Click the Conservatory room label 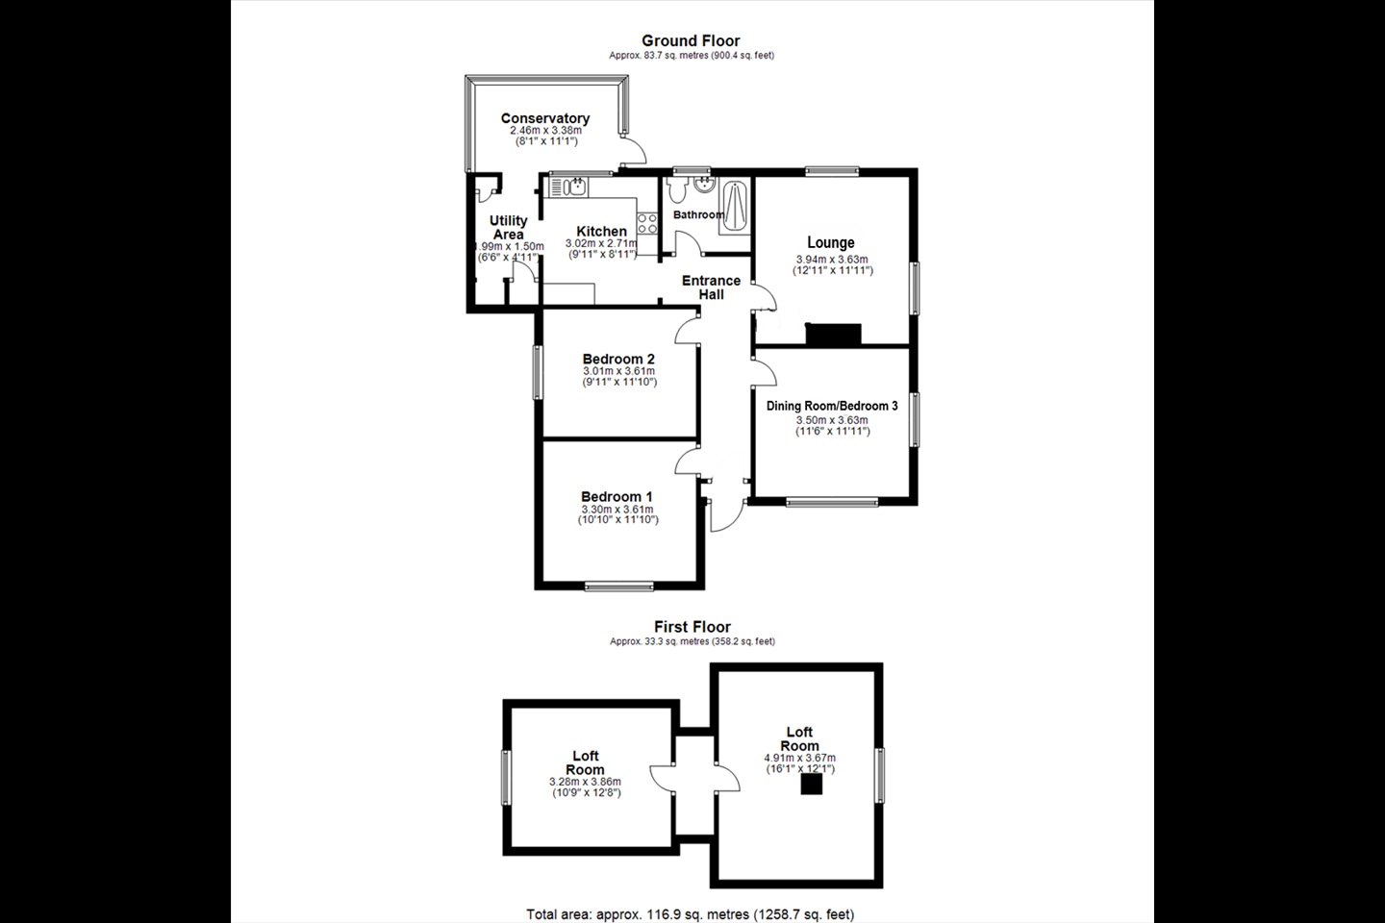pyautogui.click(x=544, y=118)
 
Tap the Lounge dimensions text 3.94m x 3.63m pyautogui.click(x=832, y=260)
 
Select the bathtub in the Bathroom pyautogui.click(x=735, y=207)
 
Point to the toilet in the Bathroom pyautogui.click(x=677, y=190)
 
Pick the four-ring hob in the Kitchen pyautogui.click(x=647, y=223)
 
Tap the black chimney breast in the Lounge pyautogui.click(x=833, y=334)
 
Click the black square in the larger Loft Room pyautogui.click(x=811, y=785)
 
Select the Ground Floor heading pyautogui.click(x=691, y=40)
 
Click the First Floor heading pyautogui.click(x=692, y=627)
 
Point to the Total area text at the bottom pyautogui.click(x=690, y=913)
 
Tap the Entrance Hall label pyautogui.click(x=711, y=287)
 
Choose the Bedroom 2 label pyautogui.click(x=618, y=360)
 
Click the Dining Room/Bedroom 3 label pyautogui.click(x=832, y=406)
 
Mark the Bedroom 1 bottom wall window pyautogui.click(x=619, y=586)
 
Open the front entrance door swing pyautogui.click(x=727, y=515)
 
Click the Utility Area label pyautogui.click(x=508, y=228)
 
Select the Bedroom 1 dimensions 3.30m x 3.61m pyautogui.click(x=617, y=510)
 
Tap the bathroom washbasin pyautogui.click(x=704, y=185)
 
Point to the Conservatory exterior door pyautogui.click(x=634, y=150)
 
